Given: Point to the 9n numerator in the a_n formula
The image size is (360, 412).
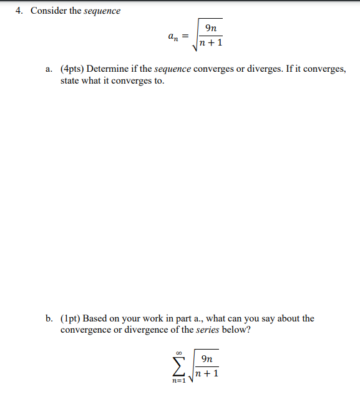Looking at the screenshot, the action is pos(212,27).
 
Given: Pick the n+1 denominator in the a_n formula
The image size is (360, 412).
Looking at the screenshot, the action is pos(211,44).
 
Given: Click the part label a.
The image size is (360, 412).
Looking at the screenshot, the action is pos(49,69).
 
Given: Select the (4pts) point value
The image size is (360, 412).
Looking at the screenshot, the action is pos(72,69).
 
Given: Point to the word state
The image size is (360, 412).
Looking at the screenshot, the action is pos(71,81).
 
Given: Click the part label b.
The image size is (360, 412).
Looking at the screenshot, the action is pos(49,318).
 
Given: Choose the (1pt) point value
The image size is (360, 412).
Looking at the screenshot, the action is pos(71,318).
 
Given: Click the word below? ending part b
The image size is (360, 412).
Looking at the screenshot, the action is pos(238,330).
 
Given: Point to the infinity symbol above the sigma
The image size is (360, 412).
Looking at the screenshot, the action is pos(179,352).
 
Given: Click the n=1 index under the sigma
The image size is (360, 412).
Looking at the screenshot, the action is pos(179,380).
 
